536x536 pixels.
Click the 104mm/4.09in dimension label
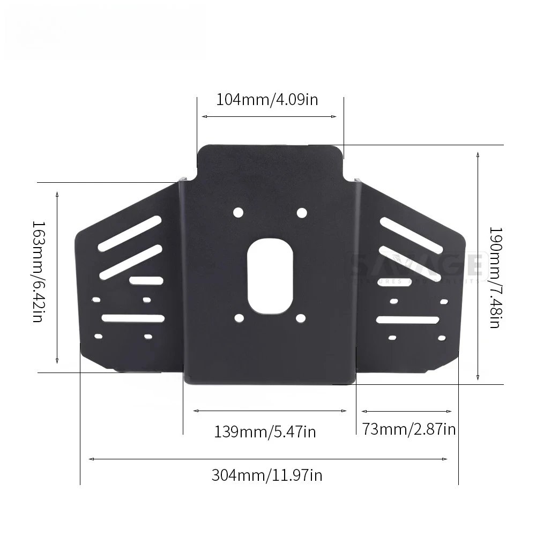[x=267, y=100]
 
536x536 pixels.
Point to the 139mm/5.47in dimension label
[x=265, y=431]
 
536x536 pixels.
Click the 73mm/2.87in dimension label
[x=408, y=429]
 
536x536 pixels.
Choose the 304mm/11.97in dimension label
[x=266, y=475]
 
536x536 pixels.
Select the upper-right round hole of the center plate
[x=302, y=213]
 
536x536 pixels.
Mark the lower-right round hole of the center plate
[x=301, y=318]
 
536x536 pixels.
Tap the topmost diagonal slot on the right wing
[x=410, y=233]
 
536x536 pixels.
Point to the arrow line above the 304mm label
[x=268, y=459]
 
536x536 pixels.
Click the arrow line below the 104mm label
[x=269, y=116]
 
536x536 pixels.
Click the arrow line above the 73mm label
[x=406, y=411]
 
